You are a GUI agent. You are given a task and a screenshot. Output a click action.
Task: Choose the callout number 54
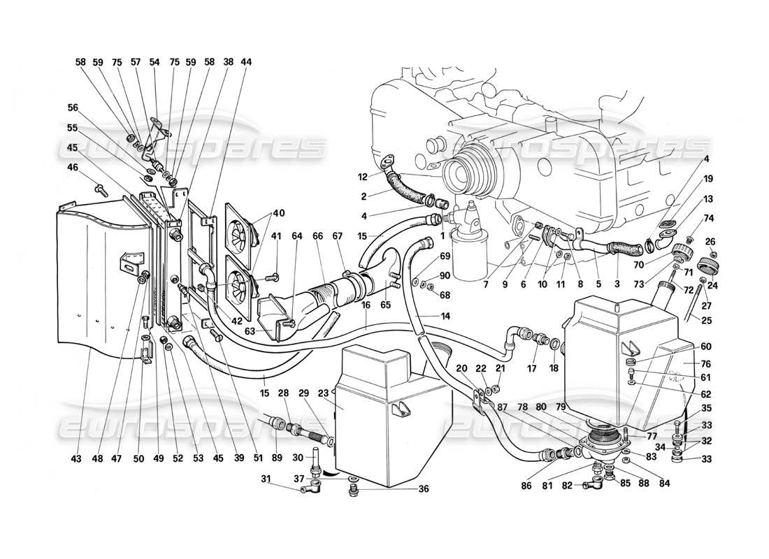pyautogui.click(x=154, y=62)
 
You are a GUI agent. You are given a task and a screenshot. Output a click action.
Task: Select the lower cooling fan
pyautogui.click(x=240, y=276)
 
